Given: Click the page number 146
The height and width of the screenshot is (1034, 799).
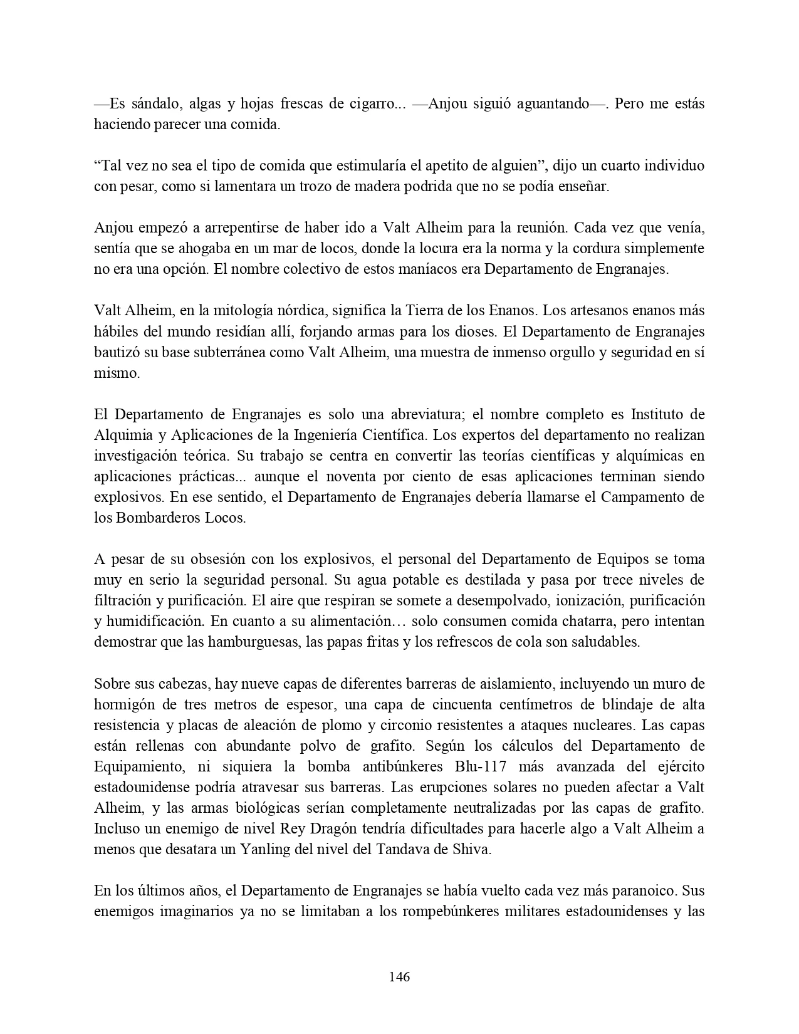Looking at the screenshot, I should [x=399, y=976].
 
